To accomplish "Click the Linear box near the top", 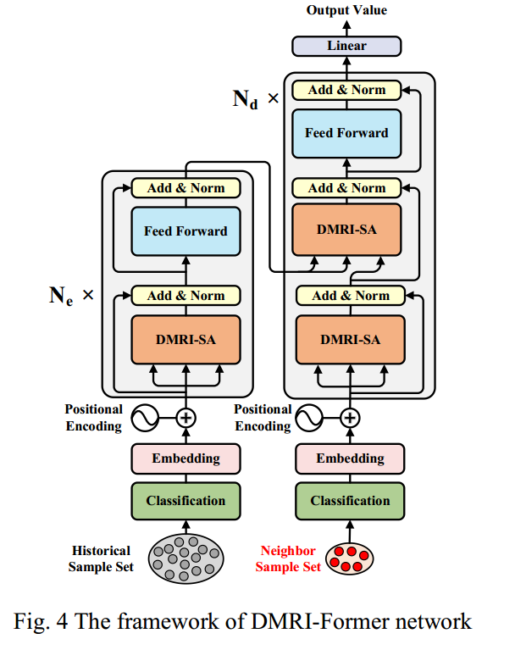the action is (346, 46).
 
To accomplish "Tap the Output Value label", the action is (346, 10).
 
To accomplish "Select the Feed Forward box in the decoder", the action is (346, 134).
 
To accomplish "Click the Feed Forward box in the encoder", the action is (186, 231).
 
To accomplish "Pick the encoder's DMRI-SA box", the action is (186, 340).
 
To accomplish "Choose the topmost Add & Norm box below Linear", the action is (346, 90).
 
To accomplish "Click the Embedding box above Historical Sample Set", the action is (186, 458).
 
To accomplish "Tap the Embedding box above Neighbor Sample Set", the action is (350, 458).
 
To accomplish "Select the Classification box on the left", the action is (186, 501).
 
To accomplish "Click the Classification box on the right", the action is (350, 501).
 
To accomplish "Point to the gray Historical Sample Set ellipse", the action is (186, 558).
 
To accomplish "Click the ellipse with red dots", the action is (349, 558).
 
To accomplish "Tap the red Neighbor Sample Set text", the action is (288, 558).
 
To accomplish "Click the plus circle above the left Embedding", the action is (186, 418).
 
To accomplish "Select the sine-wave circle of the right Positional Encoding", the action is (309, 418).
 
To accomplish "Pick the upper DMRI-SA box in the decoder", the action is (346, 230).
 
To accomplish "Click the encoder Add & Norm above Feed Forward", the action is (186, 188).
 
